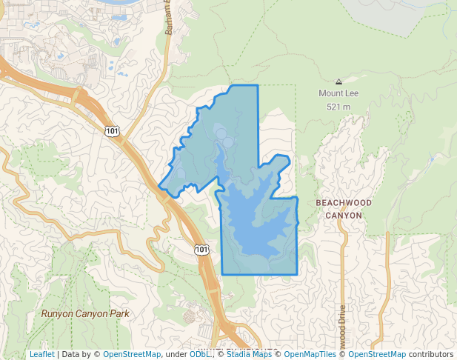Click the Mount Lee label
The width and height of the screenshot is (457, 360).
[x=338, y=93]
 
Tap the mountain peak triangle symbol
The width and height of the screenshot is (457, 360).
[x=338, y=81]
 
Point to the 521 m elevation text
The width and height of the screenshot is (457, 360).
[x=338, y=107]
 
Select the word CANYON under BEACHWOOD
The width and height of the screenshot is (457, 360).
[x=344, y=216]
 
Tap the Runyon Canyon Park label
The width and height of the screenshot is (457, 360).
[x=85, y=313]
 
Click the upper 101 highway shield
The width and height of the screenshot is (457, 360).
[x=112, y=131]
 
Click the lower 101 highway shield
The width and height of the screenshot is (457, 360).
[x=202, y=250]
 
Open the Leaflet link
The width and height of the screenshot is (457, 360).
[x=41, y=354]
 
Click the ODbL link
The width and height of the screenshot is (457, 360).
[x=199, y=354]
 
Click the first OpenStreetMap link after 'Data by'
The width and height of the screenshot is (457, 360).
[x=132, y=354]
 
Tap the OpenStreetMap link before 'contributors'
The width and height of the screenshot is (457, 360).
[x=377, y=354]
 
